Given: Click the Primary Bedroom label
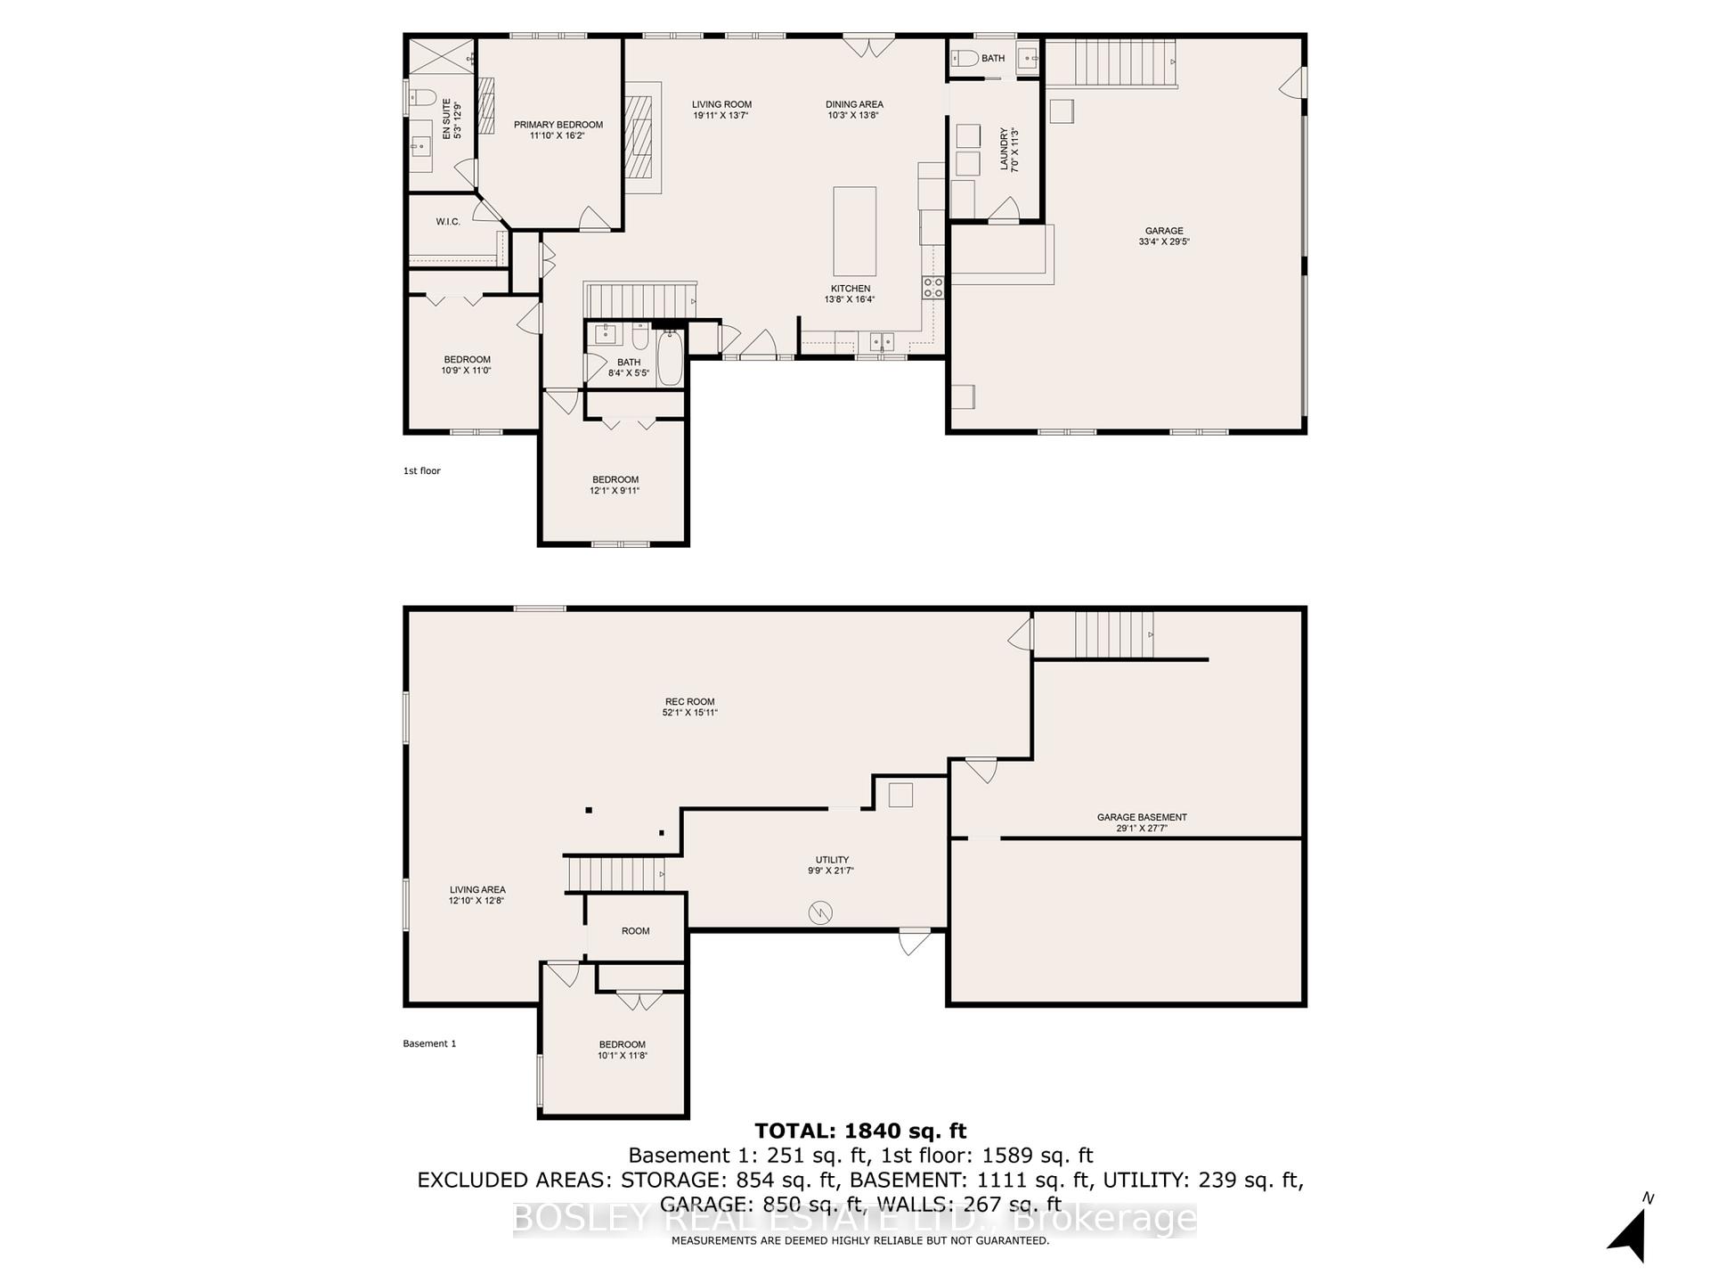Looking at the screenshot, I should [558, 125].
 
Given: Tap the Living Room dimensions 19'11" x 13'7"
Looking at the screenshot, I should [721, 115].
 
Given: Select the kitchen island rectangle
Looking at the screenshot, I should [854, 231].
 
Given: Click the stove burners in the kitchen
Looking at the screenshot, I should [932, 287].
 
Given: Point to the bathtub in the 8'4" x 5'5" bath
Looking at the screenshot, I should [670, 359].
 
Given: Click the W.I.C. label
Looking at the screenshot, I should [448, 221].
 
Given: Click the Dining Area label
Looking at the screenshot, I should [854, 104].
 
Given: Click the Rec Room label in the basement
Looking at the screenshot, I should [689, 701].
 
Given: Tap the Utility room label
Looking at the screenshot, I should [832, 860].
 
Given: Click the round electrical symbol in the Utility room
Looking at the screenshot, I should [819, 912].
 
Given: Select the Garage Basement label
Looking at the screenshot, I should [1142, 817].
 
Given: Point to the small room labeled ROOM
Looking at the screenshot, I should [636, 930].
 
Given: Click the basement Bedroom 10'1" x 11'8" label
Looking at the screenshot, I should [622, 1044].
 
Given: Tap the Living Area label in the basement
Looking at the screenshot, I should [477, 889].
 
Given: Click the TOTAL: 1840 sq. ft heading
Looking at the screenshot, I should [860, 1131].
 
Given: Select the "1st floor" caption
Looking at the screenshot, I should [422, 470].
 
